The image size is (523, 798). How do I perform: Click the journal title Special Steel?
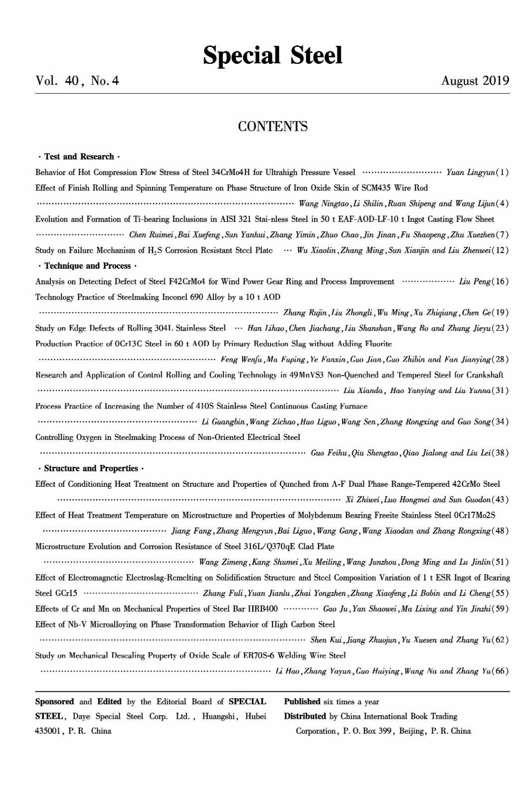point(272,55)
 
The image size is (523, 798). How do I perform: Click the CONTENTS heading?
point(273,127)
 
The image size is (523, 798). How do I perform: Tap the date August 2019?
point(475,81)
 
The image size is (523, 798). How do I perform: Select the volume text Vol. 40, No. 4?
point(77,81)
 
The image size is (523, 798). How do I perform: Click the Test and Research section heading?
point(79,157)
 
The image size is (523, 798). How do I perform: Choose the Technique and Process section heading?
point(87,266)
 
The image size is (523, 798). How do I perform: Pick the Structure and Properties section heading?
point(91,468)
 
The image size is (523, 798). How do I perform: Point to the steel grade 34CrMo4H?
point(230,173)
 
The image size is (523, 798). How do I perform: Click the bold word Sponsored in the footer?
point(54,702)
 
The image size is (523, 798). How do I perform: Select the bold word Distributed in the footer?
point(305,716)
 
